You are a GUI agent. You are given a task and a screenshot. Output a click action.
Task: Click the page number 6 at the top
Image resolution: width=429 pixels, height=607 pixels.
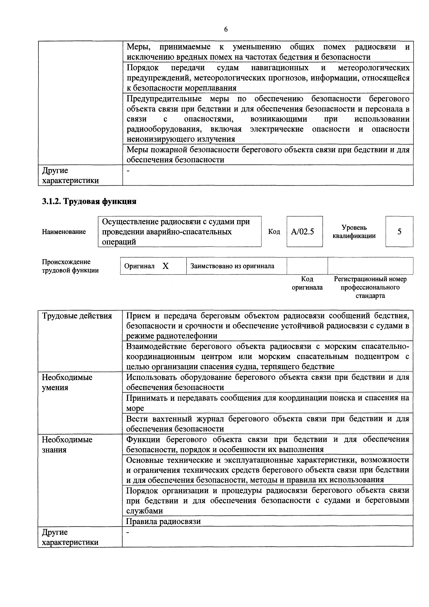[226, 29]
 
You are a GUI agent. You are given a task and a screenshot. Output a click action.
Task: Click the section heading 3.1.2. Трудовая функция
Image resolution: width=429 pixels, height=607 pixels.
[89, 201]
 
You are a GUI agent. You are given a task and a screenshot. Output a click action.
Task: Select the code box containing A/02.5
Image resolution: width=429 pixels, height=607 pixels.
[304, 232]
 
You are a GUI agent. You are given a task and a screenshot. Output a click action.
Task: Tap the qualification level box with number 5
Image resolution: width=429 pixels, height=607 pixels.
[399, 232]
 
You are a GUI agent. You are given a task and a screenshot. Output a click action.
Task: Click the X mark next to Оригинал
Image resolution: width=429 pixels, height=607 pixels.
[166, 266]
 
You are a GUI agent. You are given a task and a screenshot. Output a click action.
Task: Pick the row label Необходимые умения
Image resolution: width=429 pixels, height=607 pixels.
[67, 382]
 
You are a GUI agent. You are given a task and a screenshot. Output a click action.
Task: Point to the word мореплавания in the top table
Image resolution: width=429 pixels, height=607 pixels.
[210, 88]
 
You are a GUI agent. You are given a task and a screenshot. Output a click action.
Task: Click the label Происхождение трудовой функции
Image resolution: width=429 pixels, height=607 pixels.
[70, 266]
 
